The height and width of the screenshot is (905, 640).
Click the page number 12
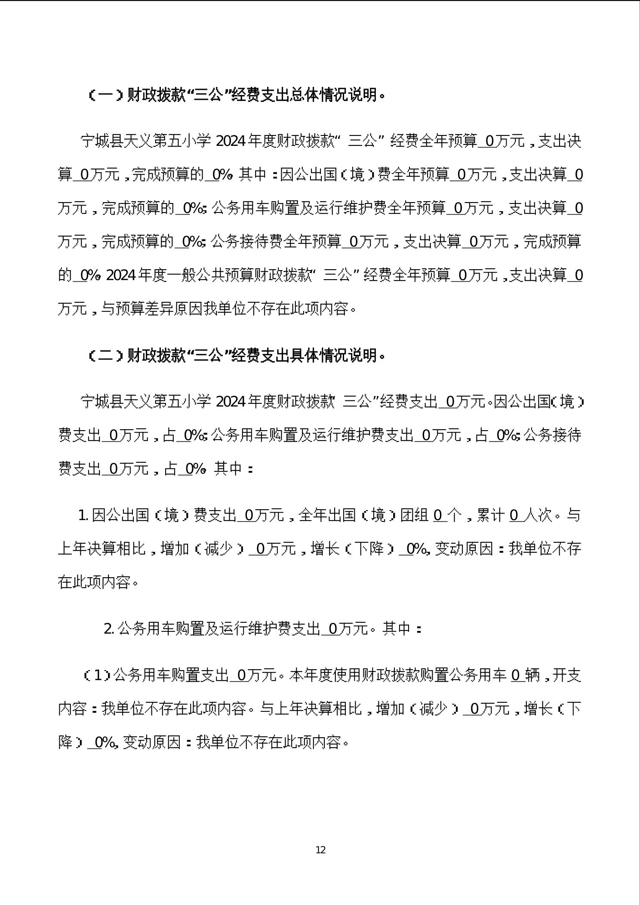click(x=320, y=850)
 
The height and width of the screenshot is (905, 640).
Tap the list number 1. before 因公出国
click(x=83, y=515)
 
